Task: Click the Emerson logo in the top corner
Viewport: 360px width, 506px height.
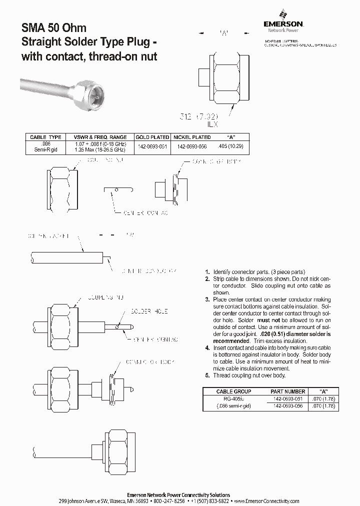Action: point(283,20)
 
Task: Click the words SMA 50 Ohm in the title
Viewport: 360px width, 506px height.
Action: point(54,29)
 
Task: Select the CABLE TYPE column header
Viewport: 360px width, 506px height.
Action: point(45,137)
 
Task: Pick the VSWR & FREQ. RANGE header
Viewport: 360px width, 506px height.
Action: point(100,137)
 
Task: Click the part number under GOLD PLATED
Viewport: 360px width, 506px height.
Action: point(151,146)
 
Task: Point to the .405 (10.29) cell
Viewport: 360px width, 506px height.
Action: point(230,146)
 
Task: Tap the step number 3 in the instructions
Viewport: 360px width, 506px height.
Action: point(207,299)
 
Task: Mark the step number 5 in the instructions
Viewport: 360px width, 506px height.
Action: point(207,375)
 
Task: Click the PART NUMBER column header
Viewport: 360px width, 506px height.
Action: point(287,391)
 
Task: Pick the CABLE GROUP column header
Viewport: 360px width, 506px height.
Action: point(233,391)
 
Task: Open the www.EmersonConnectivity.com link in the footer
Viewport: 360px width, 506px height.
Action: point(266,501)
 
